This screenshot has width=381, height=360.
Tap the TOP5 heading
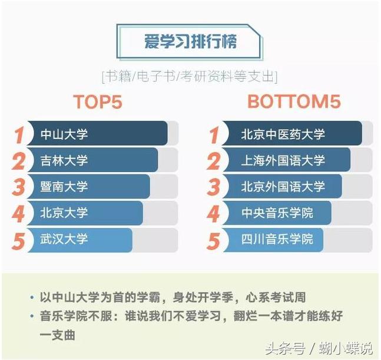tap(97, 101)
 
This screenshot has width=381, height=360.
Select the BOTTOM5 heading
tap(294, 101)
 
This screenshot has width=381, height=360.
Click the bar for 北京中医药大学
tap(292, 134)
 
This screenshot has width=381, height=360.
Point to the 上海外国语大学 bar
tap(286, 160)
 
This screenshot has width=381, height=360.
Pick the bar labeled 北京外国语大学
tap(282, 187)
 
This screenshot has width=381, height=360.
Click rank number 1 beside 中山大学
tap(19, 135)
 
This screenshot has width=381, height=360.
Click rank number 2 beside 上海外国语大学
tap(213, 161)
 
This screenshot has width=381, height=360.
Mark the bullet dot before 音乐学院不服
tap(31, 316)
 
